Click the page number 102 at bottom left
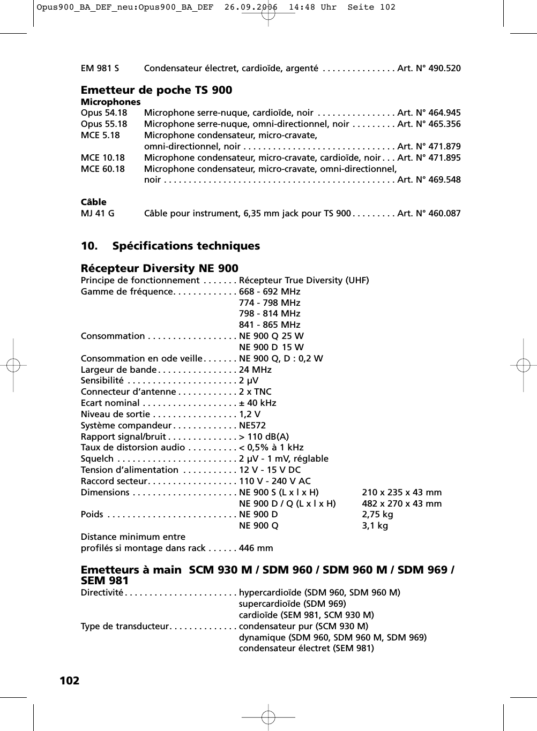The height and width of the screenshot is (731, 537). (69, 681)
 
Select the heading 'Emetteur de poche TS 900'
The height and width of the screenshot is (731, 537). (156, 90)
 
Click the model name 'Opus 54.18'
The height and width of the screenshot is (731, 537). (104, 113)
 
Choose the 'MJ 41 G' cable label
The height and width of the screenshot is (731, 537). (98, 214)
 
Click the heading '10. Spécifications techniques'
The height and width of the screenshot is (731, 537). (170, 246)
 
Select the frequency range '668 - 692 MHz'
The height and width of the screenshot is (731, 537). (270, 292)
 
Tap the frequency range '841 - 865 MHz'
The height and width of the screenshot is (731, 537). (270, 325)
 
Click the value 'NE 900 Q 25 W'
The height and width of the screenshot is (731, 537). (271, 336)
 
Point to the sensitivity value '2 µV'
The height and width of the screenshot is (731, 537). (249, 381)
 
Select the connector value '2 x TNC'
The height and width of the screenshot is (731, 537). (255, 392)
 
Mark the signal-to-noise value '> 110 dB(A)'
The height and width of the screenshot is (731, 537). (264, 437)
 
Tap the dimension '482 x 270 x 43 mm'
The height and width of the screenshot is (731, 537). (402, 504)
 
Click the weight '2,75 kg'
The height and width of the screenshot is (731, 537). (377, 515)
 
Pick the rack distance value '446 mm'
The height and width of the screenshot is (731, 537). (256, 548)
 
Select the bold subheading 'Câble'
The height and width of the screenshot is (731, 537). (93, 202)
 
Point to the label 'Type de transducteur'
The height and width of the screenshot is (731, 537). (124, 627)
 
